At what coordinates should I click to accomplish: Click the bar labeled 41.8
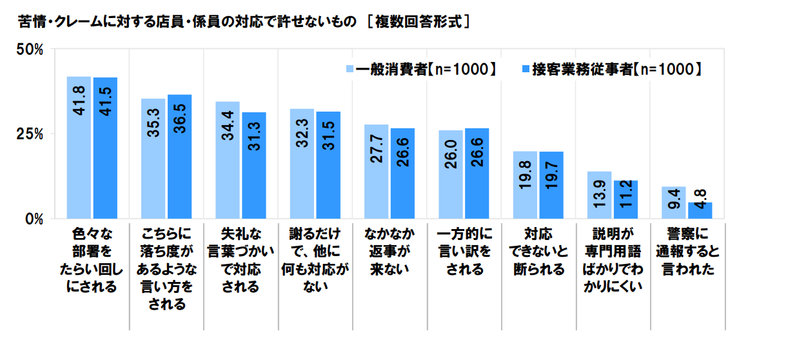click(79, 148)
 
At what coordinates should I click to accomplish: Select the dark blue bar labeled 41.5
click(105, 148)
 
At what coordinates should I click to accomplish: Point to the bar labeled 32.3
click(302, 164)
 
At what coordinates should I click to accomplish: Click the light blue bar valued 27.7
click(377, 172)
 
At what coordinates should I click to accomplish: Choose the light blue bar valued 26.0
click(451, 174)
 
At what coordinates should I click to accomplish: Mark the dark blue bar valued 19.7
click(551, 185)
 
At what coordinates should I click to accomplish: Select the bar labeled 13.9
click(600, 195)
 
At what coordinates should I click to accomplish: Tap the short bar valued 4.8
click(700, 210)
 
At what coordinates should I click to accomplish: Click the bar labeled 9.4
click(674, 203)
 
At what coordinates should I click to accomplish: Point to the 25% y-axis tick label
click(29, 134)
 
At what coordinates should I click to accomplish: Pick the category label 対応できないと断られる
click(538, 251)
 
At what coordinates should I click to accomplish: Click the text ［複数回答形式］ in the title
click(418, 21)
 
